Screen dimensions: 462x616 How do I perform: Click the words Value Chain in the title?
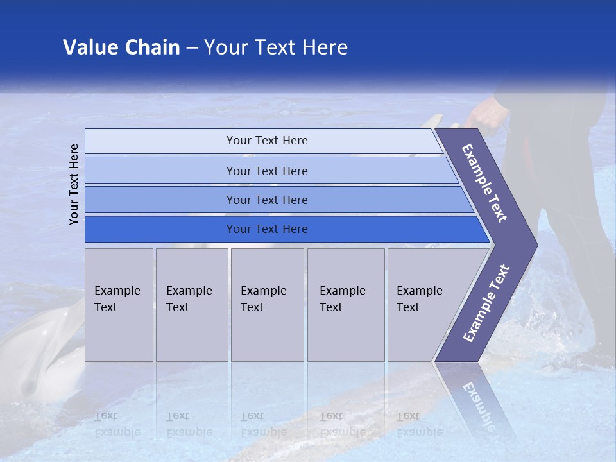(121, 47)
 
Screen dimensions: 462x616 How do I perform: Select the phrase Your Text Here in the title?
(276, 47)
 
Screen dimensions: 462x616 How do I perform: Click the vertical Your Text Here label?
(74, 184)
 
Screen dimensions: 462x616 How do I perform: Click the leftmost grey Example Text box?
(119, 304)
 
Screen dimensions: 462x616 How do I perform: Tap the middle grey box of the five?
(267, 304)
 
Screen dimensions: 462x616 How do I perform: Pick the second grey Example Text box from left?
(192, 304)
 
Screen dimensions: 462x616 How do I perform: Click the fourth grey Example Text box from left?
(346, 304)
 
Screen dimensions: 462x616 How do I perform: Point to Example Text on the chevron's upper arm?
(484, 183)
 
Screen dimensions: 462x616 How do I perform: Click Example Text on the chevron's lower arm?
(486, 304)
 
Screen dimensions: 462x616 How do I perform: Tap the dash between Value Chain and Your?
(192, 48)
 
